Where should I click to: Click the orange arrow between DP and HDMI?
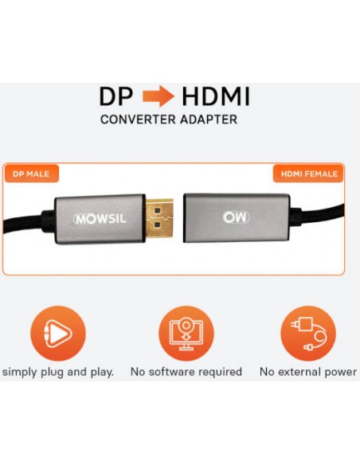tap(158, 96)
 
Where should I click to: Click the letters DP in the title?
tap(116, 96)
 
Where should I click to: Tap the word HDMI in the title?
tap(216, 96)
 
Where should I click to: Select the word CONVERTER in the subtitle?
tap(139, 119)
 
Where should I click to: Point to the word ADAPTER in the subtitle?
tap(209, 119)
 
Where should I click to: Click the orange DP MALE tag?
tap(31, 174)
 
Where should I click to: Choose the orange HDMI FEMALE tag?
tap(309, 174)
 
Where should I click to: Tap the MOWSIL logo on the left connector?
tap(100, 219)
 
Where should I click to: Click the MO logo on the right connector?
tap(236, 217)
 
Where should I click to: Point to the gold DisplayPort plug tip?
tap(159, 218)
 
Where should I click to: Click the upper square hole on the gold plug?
tap(158, 211)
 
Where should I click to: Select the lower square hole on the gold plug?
tap(158, 226)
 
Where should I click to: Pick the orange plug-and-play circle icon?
tap(58, 334)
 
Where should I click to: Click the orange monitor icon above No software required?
tap(186, 334)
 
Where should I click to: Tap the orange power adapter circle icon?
tap(308, 334)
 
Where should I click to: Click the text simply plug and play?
tap(58, 372)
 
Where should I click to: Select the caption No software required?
tap(186, 372)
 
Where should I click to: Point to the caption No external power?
tap(308, 372)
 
